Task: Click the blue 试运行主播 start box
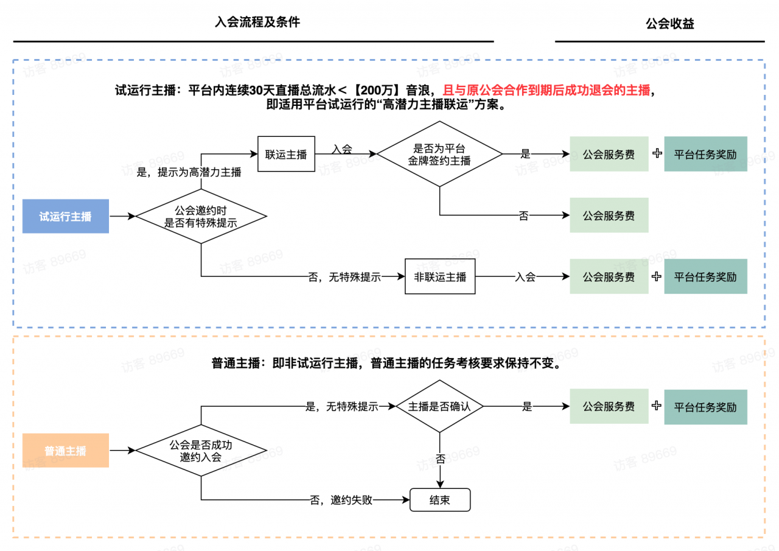pyautogui.click(x=66, y=216)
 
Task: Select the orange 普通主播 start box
pyautogui.click(x=66, y=451)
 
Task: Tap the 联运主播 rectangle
pyautogui.click(x=286, y=154)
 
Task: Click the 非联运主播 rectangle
pyautogui.click(x=440, y=277)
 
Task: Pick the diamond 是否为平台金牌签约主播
pyautogui.click(x=439, y=154)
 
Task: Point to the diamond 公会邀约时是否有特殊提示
pyautogui.click(x=201, y=217)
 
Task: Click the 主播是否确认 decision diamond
pyautogui.click(x=439, y=407)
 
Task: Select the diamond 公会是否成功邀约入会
pyautogui.click(x=201, y=451)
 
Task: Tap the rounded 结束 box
pyautogui.click(x=440, y=500)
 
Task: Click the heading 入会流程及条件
pyautogui.click(x=257, y=23)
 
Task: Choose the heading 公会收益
pyautogui.click(x=669, y=24)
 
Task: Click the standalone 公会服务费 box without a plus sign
pyautogui.click(x=609, y=215)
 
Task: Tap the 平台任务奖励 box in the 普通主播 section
pyautogui.click(x=705, y=407)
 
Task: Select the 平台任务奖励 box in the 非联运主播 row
pyautogui.click(x=705, y=277)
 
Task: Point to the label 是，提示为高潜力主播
pyautogui.click(x=189, y=172)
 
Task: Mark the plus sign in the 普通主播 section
pyautogui.click(x=656, y=406)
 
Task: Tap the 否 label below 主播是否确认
pyautogui.click(x=440, y=459)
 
